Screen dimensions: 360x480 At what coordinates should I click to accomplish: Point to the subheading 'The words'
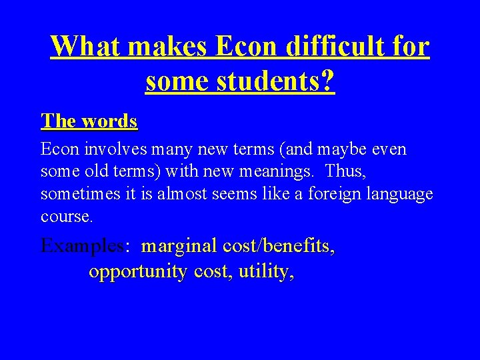coord(89,121)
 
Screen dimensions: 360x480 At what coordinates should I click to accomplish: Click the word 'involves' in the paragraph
coord(105,149)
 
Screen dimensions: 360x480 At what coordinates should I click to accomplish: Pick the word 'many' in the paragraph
coord(157,149)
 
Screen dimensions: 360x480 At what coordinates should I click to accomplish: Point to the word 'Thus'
coord(345,171)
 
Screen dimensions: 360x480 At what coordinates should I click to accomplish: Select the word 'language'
coord(399,194)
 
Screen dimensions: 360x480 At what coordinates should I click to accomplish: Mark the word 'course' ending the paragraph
coord(65,217)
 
